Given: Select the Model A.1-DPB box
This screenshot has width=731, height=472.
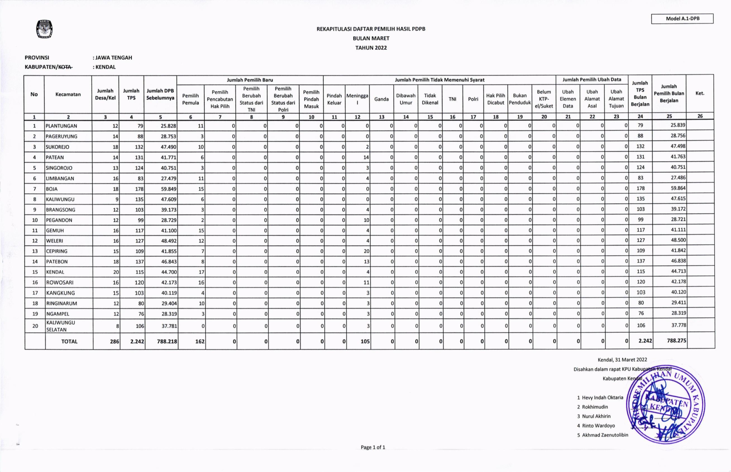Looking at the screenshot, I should click(682, 18).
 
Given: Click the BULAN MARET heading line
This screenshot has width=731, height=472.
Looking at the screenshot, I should click(371, 38).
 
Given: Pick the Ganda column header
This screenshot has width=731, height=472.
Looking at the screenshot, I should click(381, 99).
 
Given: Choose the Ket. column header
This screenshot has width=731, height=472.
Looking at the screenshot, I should click(700, 93).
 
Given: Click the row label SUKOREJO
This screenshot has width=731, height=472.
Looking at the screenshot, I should click(58, 147).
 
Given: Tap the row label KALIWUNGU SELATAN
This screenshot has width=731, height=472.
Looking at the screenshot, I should click(61, 326).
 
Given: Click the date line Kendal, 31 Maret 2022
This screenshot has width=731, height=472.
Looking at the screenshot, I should click(622, 360).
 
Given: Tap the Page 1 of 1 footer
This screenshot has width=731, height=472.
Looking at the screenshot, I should click(373, 447).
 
